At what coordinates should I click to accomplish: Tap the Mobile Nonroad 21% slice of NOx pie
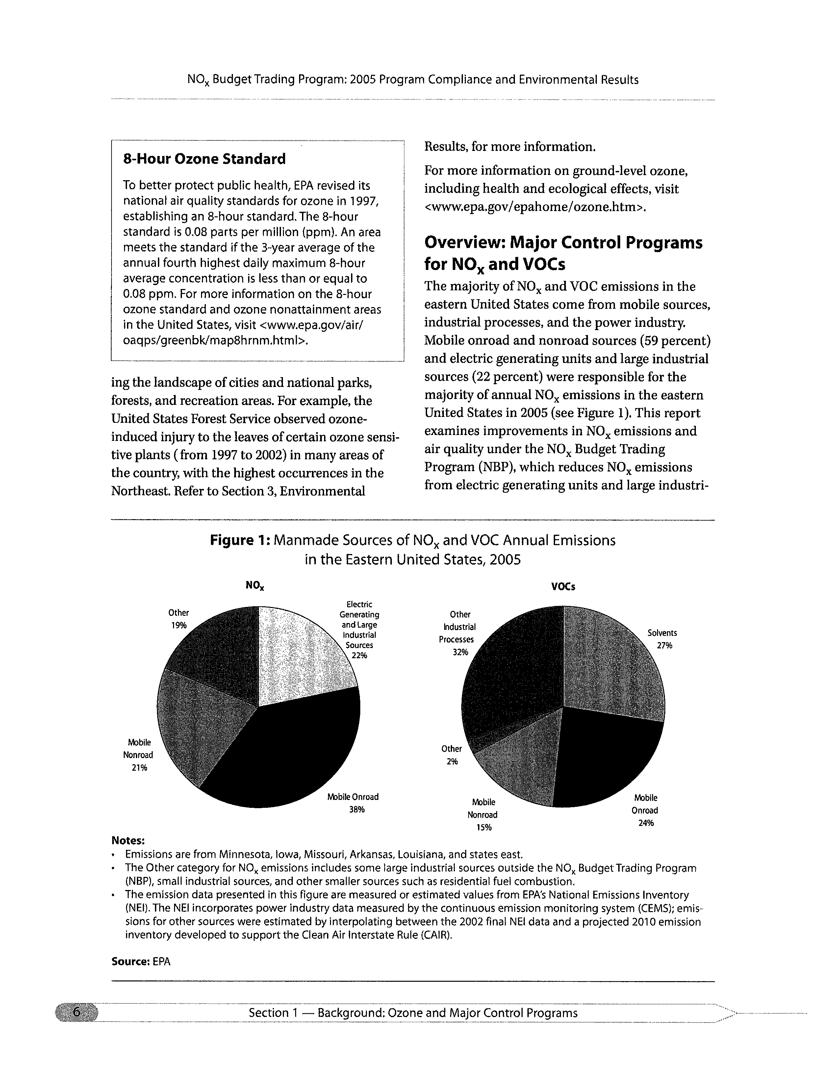[x=199, y=720]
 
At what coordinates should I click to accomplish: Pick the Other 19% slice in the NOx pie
[x=219, y=646]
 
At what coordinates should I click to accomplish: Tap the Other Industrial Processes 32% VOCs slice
[x=512, y=671]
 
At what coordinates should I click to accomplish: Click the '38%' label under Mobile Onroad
[x=357, y=809]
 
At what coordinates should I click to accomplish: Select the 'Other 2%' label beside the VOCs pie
[x=451, y=755]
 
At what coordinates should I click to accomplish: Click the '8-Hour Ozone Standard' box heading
[x=204, y=159]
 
